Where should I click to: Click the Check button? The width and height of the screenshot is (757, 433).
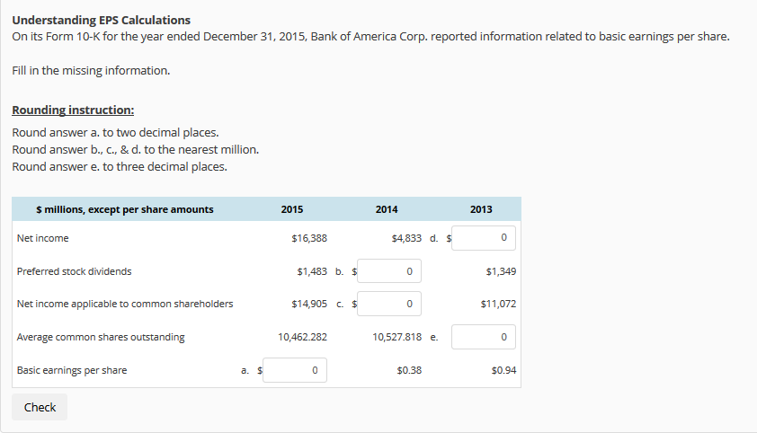tap(40, 407)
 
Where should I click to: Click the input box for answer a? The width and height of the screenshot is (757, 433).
tap(295, 370)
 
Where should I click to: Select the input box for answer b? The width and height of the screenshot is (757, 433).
tap(390, 270)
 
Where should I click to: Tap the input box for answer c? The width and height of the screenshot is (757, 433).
tap(390, 304)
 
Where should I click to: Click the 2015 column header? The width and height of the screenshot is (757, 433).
tap(292, 209)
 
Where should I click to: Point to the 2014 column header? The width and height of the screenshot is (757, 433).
tap(387, 209)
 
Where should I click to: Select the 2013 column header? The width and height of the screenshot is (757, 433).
tap(481, 209)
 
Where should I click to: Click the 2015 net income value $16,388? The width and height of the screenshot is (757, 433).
tap(309, 238)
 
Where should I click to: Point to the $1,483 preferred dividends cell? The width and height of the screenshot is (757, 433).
tap(311, 270)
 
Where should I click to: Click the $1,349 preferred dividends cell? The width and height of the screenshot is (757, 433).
tap(500, 270)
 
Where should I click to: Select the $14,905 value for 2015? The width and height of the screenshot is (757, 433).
tap(309, 304)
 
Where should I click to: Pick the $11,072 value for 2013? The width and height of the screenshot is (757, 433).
tap(498, 304)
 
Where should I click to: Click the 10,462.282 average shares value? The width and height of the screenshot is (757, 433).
tap(303, 337)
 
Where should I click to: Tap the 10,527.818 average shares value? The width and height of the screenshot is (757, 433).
tap(396, 337)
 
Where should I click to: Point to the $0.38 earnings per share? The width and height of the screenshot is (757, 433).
tap(409, 370)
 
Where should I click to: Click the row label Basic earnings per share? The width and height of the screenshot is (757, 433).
tap(72, 370)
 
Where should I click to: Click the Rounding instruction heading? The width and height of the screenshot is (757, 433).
tap(73, 110)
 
